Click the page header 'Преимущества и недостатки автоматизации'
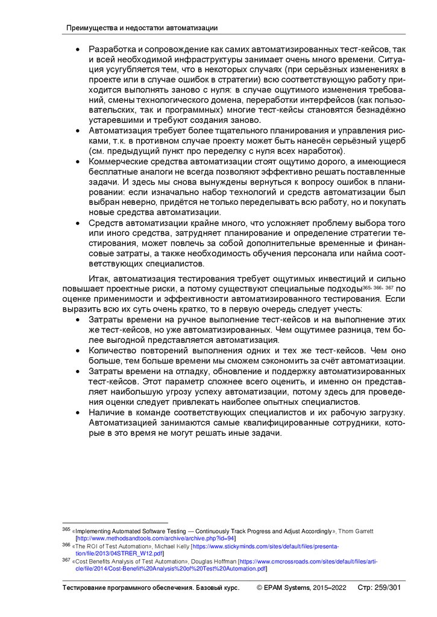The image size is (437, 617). [141, 28]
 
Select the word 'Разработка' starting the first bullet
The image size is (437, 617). [112, 49]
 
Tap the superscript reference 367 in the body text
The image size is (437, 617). [389, 287]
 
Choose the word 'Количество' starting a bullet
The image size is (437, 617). [112, 350]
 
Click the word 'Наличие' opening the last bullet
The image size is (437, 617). [105, 412]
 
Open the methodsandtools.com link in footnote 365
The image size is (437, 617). [156, 537]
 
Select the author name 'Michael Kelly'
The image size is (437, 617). [172, 545]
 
